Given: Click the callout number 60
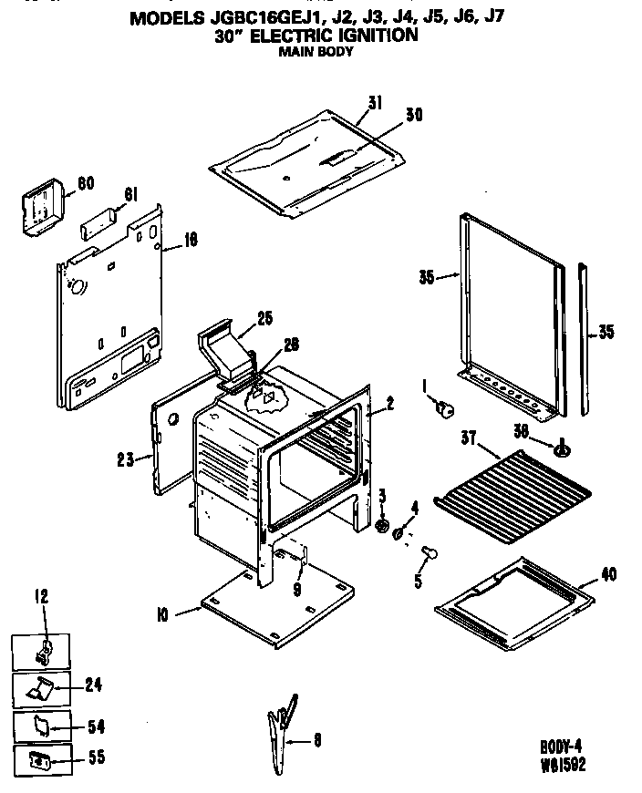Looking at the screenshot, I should (86, 183).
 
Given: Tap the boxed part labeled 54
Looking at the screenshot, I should (40, 725).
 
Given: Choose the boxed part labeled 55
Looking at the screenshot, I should (39, 759).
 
